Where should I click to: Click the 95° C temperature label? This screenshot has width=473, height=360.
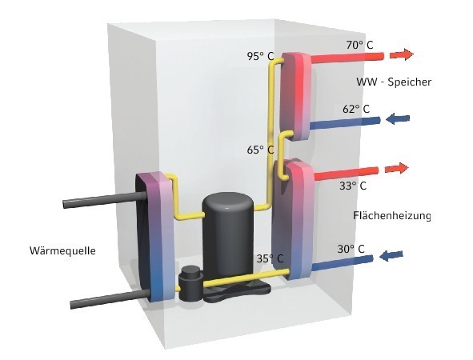point(261,56)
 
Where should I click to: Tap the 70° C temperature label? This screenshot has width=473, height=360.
point(359,45)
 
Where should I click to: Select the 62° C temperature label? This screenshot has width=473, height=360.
point(356,109)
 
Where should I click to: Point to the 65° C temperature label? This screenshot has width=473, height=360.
point(261,150)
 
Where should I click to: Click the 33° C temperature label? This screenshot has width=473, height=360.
point(353,186)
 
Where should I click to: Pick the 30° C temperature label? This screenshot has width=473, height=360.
point(351,249)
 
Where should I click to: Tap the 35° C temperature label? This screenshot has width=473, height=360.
point(270,258)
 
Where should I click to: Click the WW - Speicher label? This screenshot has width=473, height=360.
point(394,82)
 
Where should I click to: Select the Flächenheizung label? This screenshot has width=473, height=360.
point(392,215)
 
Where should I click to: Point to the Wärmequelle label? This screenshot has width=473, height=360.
point(62,250)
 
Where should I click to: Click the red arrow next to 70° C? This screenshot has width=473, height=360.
point(401,54)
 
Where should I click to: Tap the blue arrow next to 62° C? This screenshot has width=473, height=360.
point(398,118)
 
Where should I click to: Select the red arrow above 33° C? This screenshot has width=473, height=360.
point(397,168)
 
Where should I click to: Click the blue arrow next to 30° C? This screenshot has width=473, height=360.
point(391,256)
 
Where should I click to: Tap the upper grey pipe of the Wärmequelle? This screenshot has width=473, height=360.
point(104,200)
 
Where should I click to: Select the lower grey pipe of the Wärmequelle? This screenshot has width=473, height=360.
point(110,298)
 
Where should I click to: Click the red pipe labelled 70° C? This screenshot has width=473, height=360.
point(347,58)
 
